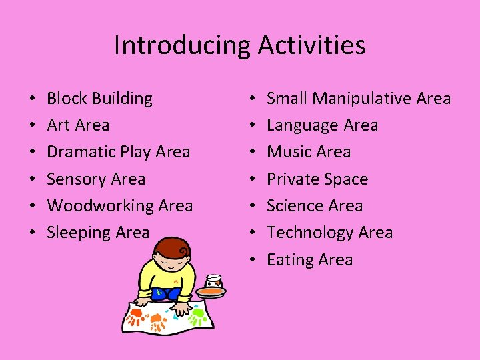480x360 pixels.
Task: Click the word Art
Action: click(x=58, y=125)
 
